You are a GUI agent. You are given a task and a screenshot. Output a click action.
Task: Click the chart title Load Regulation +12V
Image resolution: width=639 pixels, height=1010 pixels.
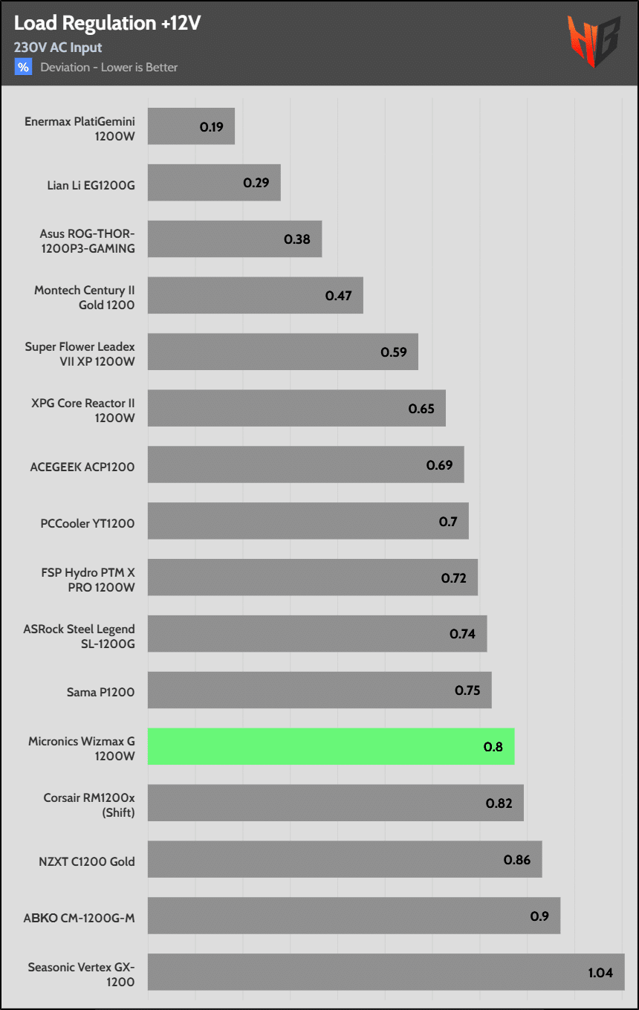click(108, 24)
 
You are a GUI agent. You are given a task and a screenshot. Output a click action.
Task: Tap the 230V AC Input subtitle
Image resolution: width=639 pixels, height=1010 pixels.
click(58, 48)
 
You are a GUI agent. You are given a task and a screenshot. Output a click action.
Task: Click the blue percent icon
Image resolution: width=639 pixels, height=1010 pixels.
click(23, 67)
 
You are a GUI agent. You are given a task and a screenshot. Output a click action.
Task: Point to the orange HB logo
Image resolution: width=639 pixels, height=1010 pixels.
click(594, 42)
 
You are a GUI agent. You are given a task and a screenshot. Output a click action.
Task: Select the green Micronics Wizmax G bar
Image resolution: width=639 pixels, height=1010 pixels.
click(331, 746)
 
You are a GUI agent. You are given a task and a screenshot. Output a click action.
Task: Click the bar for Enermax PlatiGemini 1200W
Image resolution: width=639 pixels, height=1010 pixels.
click(191, 126)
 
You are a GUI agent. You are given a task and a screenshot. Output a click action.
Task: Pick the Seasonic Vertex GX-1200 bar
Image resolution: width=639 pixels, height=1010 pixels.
click(386, 972)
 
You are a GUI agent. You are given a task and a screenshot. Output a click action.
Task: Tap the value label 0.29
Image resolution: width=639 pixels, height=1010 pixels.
click(256, 182)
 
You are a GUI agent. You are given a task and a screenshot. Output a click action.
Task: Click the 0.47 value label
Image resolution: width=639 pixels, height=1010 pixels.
click(339, 295)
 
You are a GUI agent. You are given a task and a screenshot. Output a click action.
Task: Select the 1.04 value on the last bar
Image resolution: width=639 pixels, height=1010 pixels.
click(600, 972)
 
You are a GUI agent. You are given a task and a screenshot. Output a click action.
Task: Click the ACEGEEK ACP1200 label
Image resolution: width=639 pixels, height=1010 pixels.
click(82, 467)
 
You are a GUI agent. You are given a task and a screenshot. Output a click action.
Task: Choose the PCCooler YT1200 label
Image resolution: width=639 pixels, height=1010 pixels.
click(88, 523)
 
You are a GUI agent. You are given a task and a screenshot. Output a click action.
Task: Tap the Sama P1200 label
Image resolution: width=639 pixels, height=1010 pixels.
click(100, 693)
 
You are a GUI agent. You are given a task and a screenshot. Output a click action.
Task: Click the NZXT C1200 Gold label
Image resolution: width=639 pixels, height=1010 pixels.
click(87, 861)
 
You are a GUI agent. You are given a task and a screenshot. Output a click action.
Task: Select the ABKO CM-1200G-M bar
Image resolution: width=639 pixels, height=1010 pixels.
click(354, 916)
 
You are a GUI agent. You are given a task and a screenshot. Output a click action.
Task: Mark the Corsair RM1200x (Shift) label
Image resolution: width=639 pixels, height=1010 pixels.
click(89, 805)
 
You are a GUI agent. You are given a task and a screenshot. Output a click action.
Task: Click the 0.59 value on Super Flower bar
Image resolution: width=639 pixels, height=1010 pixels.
click(394, 352)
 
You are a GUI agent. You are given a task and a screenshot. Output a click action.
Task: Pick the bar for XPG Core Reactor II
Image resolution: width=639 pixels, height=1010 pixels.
click(296, 408)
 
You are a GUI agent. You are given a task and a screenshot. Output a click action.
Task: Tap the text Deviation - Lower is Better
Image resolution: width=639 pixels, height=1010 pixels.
click(109, 68)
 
